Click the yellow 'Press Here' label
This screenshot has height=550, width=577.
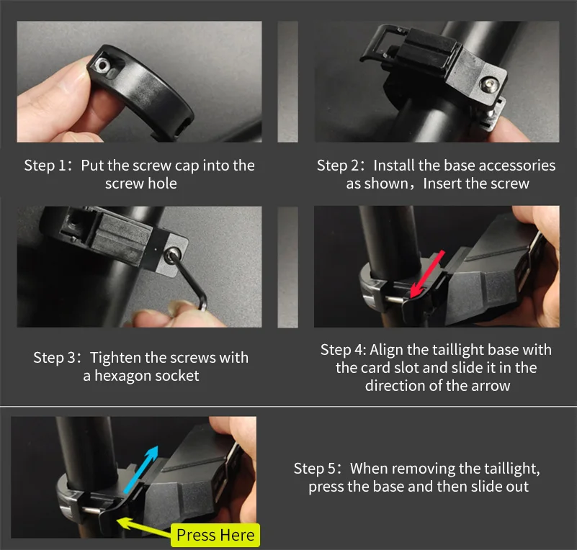tap(215, 535)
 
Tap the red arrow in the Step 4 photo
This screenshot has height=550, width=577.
tap(428, 274)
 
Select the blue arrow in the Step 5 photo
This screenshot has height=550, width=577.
tap(141, 469)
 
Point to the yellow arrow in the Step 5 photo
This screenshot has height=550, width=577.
tap(144, 526)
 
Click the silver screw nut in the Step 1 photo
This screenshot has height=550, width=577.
tap(102, 66)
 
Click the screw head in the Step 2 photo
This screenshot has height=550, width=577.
tap(490, 84)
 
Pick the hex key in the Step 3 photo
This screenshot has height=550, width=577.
tap(189, 278)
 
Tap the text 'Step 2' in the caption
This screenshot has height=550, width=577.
tap(338, 166)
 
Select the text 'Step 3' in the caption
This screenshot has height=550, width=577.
tap(54, 358)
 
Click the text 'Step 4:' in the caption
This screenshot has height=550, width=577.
tap(344, 350)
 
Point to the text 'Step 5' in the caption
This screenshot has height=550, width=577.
tap(315, 469)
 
